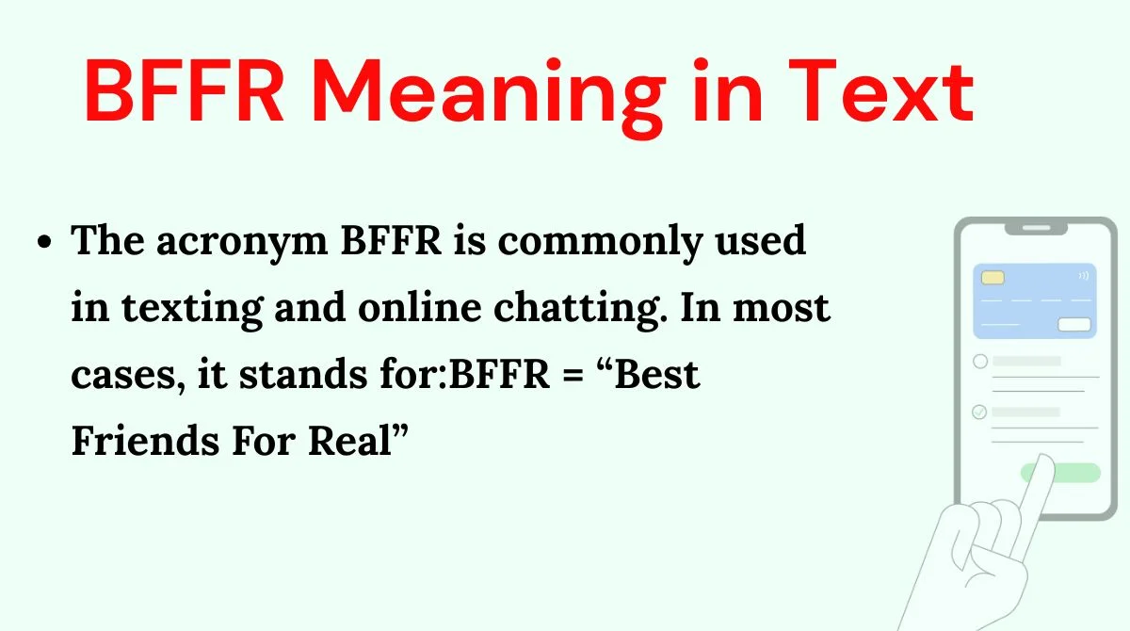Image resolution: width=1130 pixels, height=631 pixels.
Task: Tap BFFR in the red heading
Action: click(185, 90)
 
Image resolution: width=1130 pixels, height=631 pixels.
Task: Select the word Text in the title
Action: click(880, 90)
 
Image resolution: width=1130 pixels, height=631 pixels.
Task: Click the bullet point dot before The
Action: click(44, 242)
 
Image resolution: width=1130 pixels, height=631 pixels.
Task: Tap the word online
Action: click(420, 307)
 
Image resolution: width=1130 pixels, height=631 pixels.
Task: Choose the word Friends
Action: click(145, 441)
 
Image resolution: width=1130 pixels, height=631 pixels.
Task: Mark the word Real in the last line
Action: click(349, 441)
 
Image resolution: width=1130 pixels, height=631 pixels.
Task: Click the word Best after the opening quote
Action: click(657, 374)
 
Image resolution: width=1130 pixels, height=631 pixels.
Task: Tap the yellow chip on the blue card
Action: click(993, 278)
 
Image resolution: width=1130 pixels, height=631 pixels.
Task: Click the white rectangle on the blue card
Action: click(1074, 324)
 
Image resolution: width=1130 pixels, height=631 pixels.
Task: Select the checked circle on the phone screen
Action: click(979, 413)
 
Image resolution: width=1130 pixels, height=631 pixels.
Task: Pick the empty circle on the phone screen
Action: click(980, 361)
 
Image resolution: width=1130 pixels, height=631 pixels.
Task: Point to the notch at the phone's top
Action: click(1036, 229)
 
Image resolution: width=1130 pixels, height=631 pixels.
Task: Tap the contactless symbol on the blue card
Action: click(1084, 275)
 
